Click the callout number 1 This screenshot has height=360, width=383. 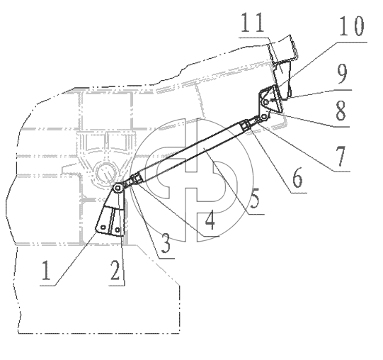click(47, 270)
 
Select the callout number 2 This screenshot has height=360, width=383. click(115, 270)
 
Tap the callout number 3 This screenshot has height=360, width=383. click(166, 243)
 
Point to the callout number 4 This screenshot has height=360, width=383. click(210, 221)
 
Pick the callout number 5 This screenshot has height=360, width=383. click(255, 198)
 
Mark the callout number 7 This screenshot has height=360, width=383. click(341, 156)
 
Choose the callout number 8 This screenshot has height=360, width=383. click(341, 111)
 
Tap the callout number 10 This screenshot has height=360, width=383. click(351, 26)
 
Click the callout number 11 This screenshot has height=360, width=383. click(253, 23)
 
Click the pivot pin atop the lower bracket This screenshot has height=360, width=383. click(118, 188)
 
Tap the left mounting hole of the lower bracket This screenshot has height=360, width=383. click(103, 227)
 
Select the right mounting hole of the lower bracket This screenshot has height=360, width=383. click(118, 230)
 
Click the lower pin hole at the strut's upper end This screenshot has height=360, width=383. click(263, 117)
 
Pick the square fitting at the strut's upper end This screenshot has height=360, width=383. click(245, 125)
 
